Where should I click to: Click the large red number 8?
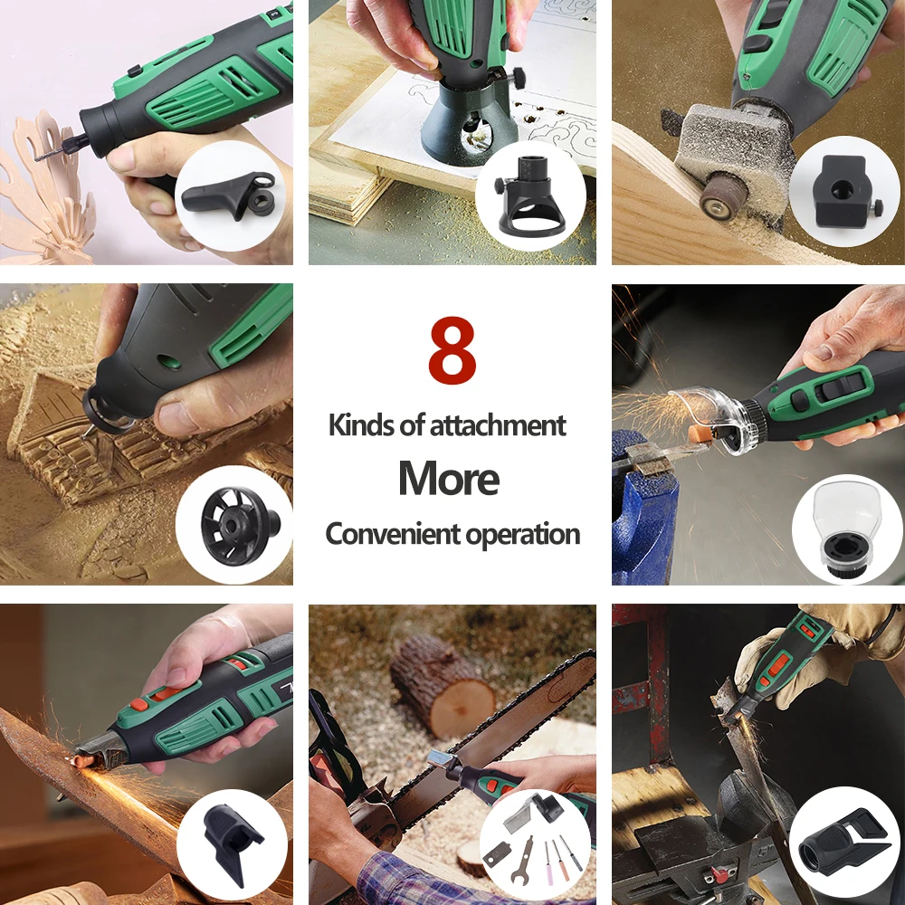pos(452,349)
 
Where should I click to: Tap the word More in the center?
pos(449,479)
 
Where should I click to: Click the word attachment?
pos(498,425)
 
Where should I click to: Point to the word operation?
pos(523,535)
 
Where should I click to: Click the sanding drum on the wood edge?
pos(722,196)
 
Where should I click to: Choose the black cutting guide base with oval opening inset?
pos(529,196)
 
